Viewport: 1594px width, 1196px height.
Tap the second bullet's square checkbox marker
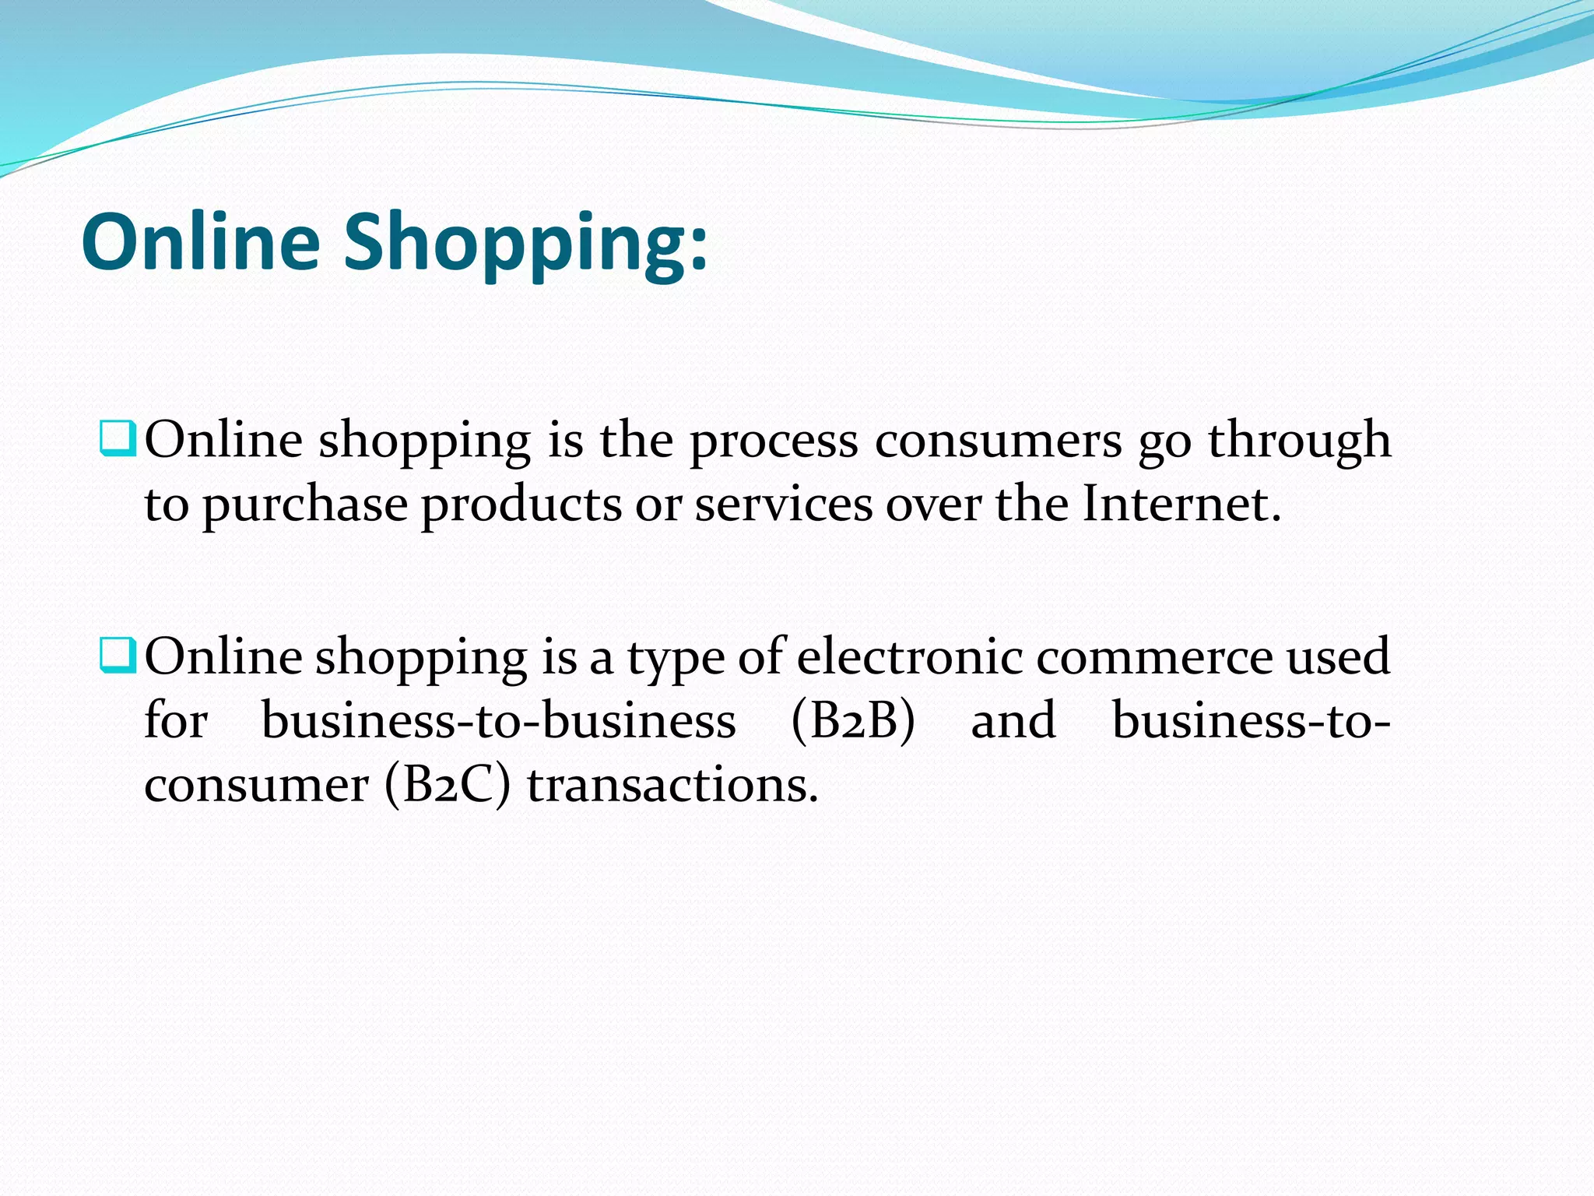coord(118,655)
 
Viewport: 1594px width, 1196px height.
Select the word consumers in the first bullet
coord(999,441)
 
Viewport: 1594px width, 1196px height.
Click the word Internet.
coord(1181,505)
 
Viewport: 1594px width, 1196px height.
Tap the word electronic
coord(910,656)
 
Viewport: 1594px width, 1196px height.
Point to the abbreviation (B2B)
coord(853,721)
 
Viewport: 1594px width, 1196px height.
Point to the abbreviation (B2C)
coord(448,785)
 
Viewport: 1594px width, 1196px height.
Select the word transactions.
coord(672,785)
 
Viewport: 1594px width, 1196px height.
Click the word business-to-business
coord(498,721)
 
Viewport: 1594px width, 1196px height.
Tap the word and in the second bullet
coord(1013,720)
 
